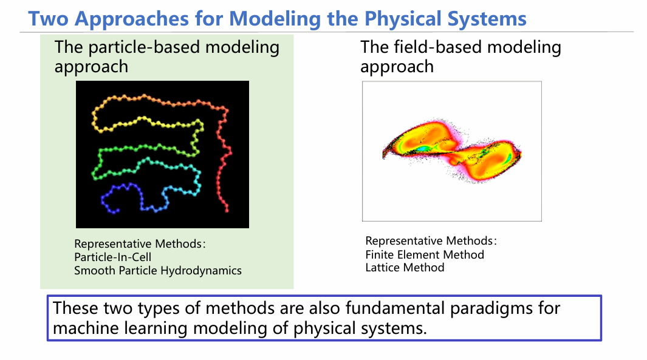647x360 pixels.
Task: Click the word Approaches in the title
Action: point(132,19)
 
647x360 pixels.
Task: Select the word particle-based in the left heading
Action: point(145,47)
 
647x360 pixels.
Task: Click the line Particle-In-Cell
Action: point(112,257)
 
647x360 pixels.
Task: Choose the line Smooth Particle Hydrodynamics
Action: point(157,271)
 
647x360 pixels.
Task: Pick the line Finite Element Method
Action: point(425,254)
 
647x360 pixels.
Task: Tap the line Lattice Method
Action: point(405,268)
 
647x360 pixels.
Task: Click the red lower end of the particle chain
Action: point(227,211)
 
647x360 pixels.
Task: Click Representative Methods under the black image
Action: point(140,243)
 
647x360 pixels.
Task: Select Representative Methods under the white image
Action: point(431,241)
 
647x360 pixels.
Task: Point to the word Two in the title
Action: point(48,19)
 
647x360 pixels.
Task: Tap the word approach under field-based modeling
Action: point(397,67)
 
